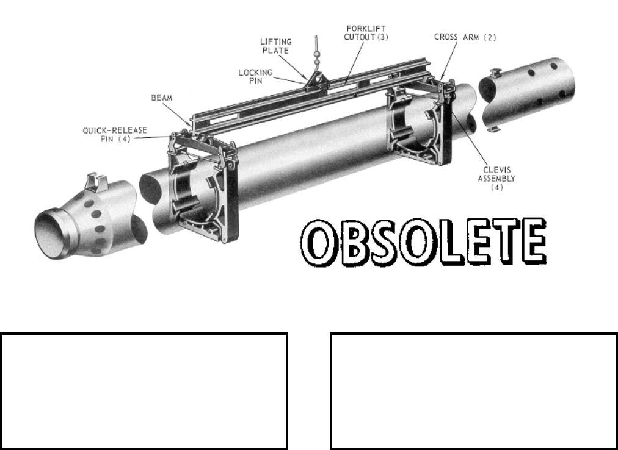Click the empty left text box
144,391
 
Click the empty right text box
473,391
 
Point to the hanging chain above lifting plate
316,52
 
